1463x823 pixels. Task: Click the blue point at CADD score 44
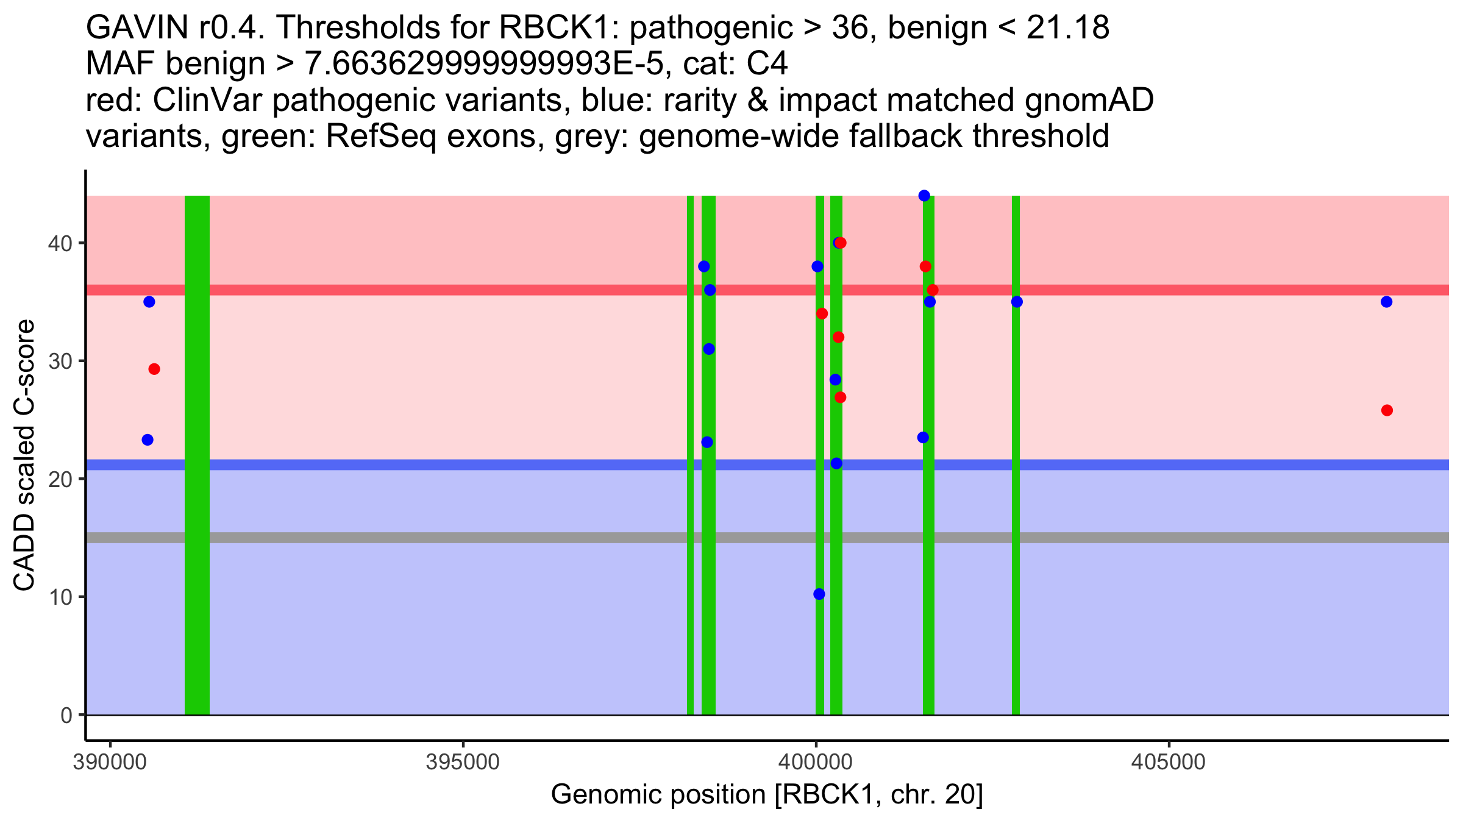click(x=924, y=196)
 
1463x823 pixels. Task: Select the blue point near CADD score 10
click(x=819, y=594)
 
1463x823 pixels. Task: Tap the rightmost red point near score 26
click(x=1387, y=410)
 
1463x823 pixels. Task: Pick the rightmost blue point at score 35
click(x=1387, y=302)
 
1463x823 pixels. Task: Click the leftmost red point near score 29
click(x=154, y=369)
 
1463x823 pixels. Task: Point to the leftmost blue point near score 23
click(x=148, y=440)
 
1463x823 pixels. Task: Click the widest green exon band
click(x=197, y=455)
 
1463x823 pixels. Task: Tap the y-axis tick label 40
click(x=60, y=244)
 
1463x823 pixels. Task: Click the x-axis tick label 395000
click(x=463, y=763)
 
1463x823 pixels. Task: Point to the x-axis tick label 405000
click(x=1169, y=763)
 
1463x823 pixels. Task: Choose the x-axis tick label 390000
click(x=110, y=763)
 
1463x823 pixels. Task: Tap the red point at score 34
click(x=822, y=314)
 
